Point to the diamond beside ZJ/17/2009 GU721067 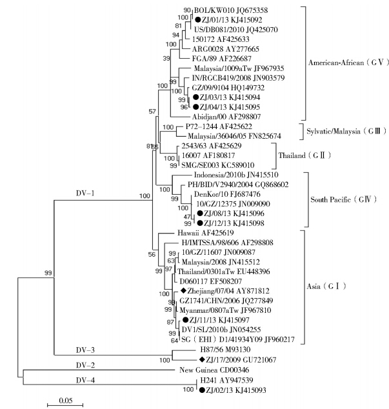click(x=202, y=359)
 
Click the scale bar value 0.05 click(x=64, y=401)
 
